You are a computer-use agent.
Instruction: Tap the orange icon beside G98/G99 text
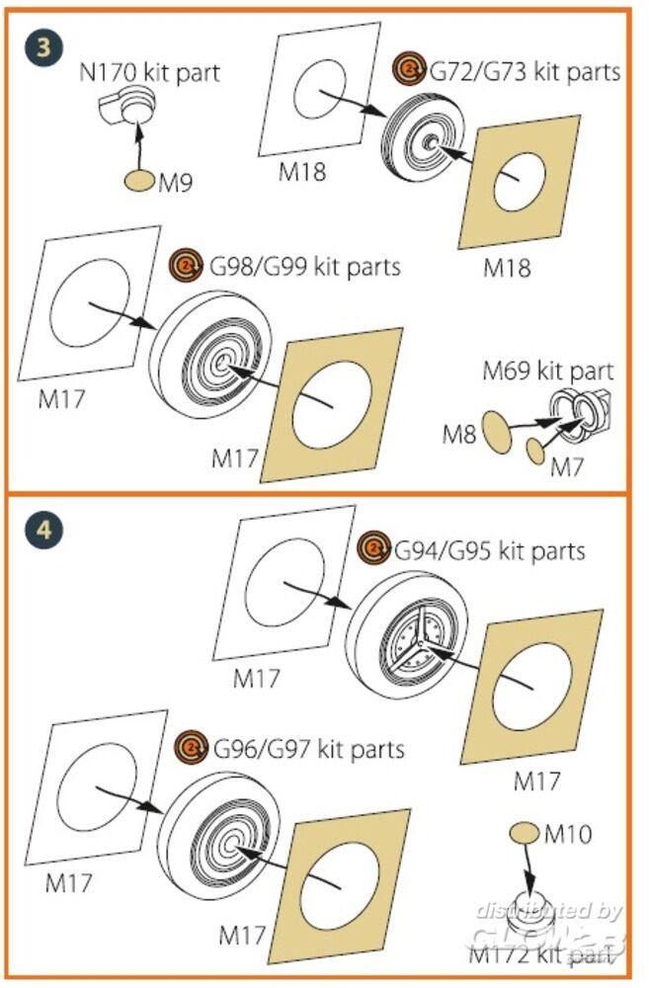[185, 265]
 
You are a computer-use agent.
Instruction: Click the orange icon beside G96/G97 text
[192, 747]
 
